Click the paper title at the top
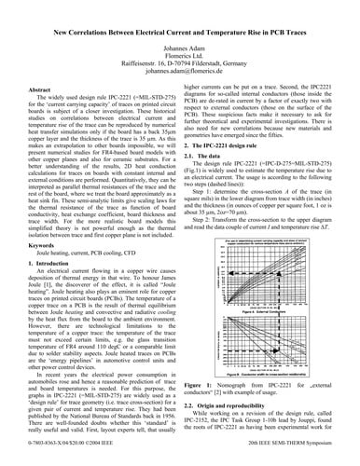pos(180,32)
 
